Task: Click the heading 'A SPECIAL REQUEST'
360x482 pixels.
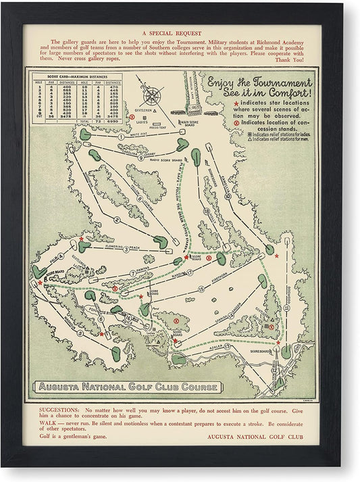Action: (x=179, y=32)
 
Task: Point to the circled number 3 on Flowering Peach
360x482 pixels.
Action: (x=126, y=249)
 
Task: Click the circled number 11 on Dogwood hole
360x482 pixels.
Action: (x=287, y=308)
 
